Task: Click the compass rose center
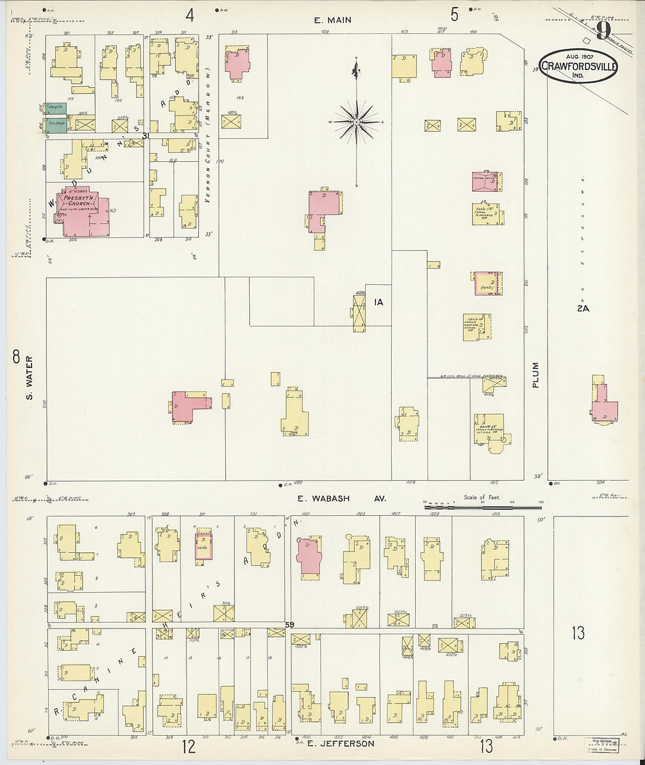(356, 122)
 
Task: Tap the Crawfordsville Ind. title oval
(578, 66)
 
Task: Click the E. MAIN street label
(332, 20)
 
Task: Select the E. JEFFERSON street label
(340, 743)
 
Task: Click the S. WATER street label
(30, 379)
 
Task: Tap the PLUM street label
(535, 375)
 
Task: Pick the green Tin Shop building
(56, 124)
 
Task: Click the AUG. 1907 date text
(579, 56)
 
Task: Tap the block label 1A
(379, 302)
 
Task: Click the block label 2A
(582, 308)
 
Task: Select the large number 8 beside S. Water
(16, 356)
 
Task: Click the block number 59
(290, 625)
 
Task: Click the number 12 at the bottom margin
(188, 746)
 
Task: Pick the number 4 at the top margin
(189, 14)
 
